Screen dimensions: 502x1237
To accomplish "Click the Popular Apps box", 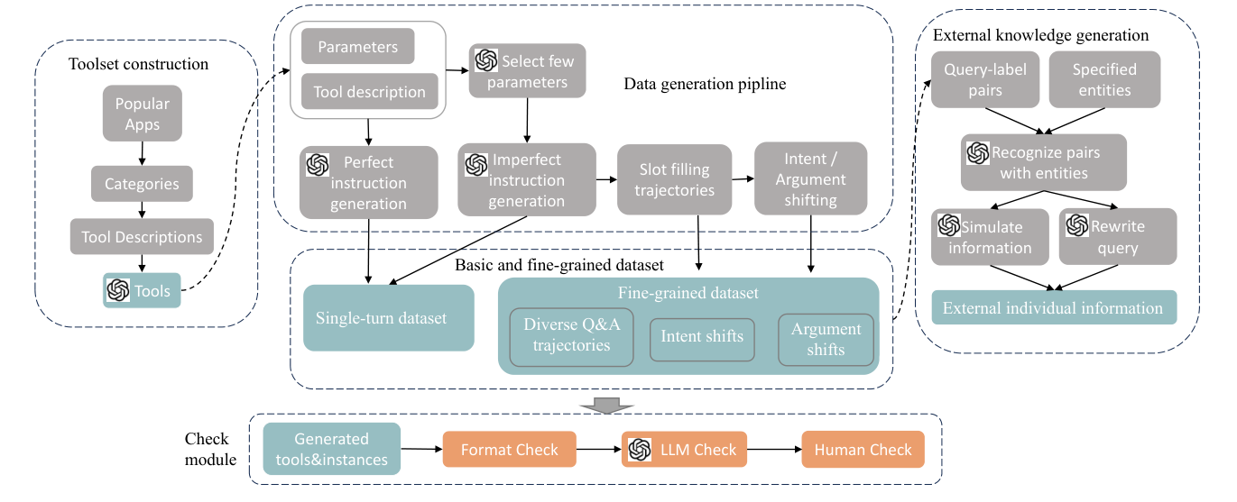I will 143,114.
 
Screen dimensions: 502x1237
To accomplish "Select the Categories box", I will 142,184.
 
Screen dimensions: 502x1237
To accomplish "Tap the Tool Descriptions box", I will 142,237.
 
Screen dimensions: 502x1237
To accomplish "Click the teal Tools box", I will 142,290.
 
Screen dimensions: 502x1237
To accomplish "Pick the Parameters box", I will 357,47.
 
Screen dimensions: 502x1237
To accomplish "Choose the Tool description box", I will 369,92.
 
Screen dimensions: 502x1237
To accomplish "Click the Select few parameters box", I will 527,72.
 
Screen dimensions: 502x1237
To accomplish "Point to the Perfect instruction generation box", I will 368,183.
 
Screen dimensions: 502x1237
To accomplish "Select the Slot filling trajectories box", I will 674,179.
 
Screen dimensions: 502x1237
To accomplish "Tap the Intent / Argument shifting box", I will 810,178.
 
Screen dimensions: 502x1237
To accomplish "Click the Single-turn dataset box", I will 389,318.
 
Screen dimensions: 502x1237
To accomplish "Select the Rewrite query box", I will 1118,236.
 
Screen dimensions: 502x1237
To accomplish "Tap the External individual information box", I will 1053,308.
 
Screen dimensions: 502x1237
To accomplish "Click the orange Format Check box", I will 509,450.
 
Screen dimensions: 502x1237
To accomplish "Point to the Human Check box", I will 863,450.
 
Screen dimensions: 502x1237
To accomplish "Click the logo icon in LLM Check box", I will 640,450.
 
